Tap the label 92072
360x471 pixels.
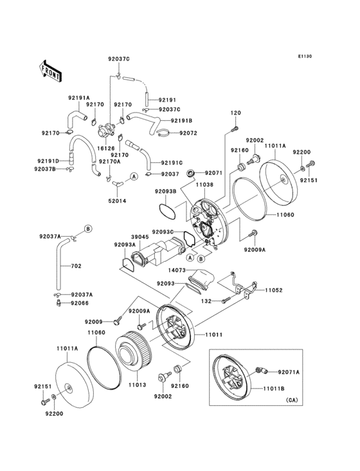click(x=188, y=133)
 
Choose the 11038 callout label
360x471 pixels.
click(x=204, y=185)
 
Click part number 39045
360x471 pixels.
click(x=141, y=236)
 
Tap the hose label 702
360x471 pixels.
click(x=76, y=266)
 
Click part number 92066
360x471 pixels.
click(x=80, y=302)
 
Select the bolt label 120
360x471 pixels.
click(x=235, y=113)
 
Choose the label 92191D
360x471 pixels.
click(x=48, y=160)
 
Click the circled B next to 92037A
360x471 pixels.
click(x=88, y=229)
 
